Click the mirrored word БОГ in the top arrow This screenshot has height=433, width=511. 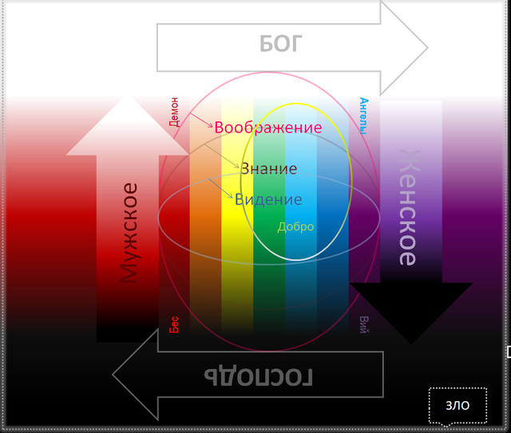[280, 44]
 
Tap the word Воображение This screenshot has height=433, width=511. [267, 128]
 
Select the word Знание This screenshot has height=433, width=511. [268, 169]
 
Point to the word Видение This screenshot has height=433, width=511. [268, 199]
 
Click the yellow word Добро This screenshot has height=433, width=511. [295, 226]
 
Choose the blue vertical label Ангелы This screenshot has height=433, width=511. [363, 116]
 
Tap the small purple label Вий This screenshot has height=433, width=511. [363, 324]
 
